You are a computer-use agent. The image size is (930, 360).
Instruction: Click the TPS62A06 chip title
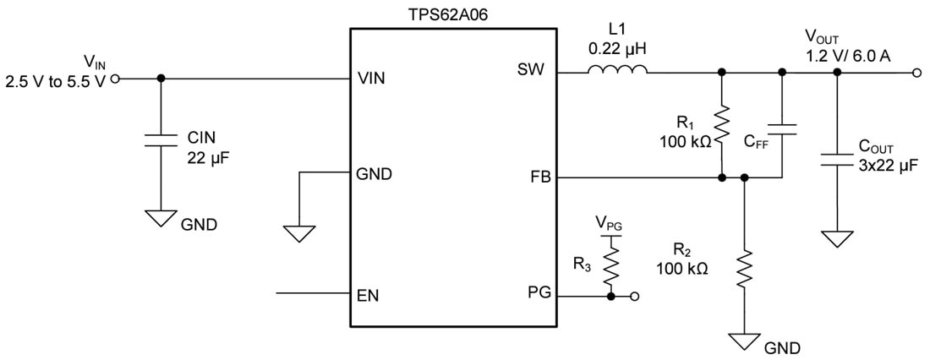[x=453, y=15]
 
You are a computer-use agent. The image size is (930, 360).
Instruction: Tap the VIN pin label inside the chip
[x=373, y=79]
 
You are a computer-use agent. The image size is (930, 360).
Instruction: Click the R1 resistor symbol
[x=721, y=125]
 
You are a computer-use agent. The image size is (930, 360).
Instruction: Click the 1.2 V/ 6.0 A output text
[x=850, y=57]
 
